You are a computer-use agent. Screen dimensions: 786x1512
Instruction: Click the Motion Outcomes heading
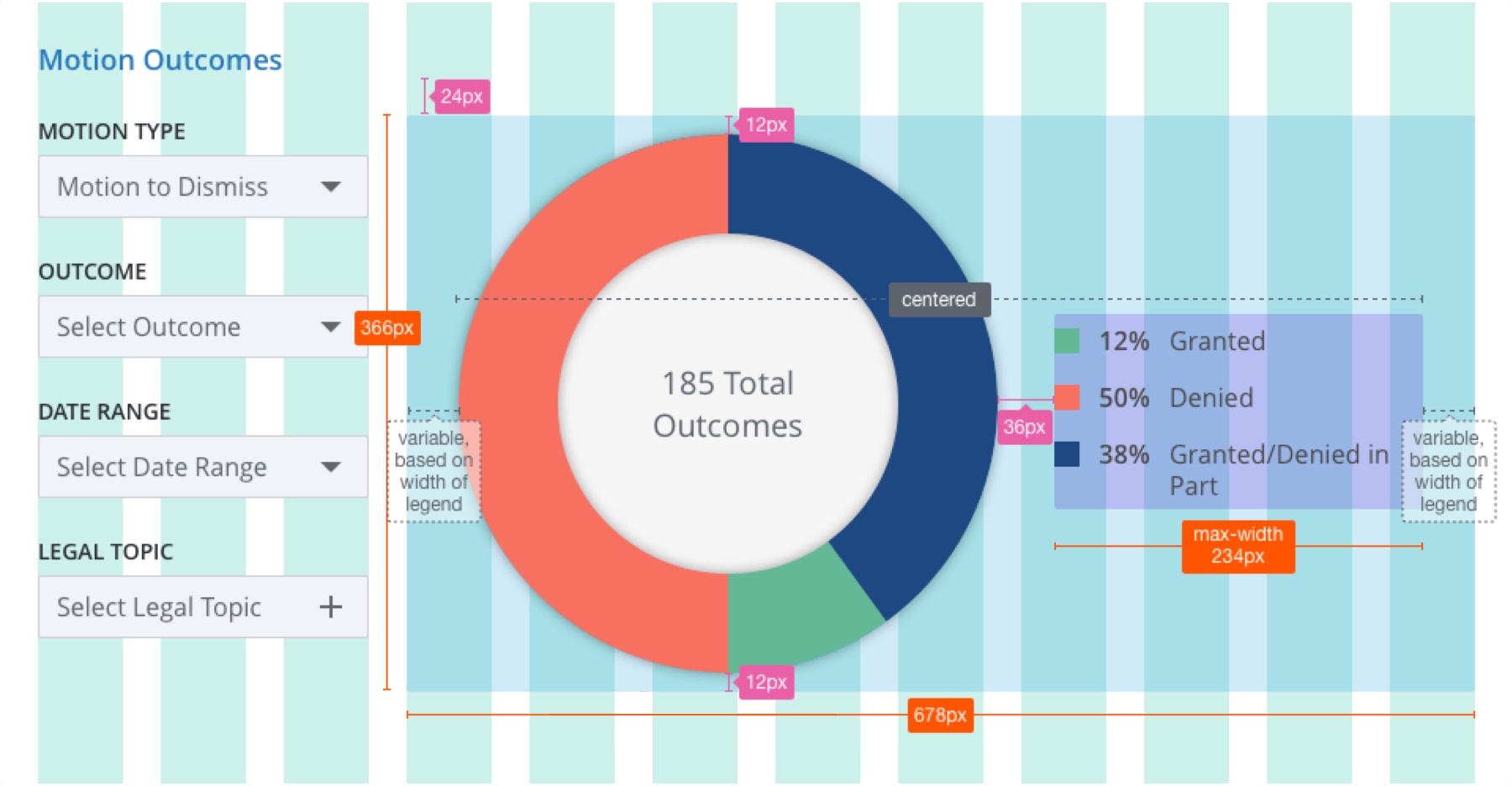coord(160,60)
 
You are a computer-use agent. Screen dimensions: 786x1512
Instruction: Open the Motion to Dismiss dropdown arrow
coord(331,186)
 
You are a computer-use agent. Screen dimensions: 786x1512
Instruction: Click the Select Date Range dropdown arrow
coord(331,467)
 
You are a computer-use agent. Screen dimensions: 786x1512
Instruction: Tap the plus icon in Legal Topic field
coord(331,607)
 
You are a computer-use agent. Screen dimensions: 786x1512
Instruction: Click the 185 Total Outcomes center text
coord(727,405)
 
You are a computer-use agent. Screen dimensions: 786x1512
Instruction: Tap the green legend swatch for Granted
coord(1067,341)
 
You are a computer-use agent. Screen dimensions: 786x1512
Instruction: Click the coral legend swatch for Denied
coord(1067,397)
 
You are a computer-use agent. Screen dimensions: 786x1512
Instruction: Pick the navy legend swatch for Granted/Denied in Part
coord(1067,454)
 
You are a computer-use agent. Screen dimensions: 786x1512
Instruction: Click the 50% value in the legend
coord(1124,398)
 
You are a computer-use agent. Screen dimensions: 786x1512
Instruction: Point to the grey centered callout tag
coord(939,300)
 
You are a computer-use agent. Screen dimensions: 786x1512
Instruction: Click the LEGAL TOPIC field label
coord(106,552)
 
